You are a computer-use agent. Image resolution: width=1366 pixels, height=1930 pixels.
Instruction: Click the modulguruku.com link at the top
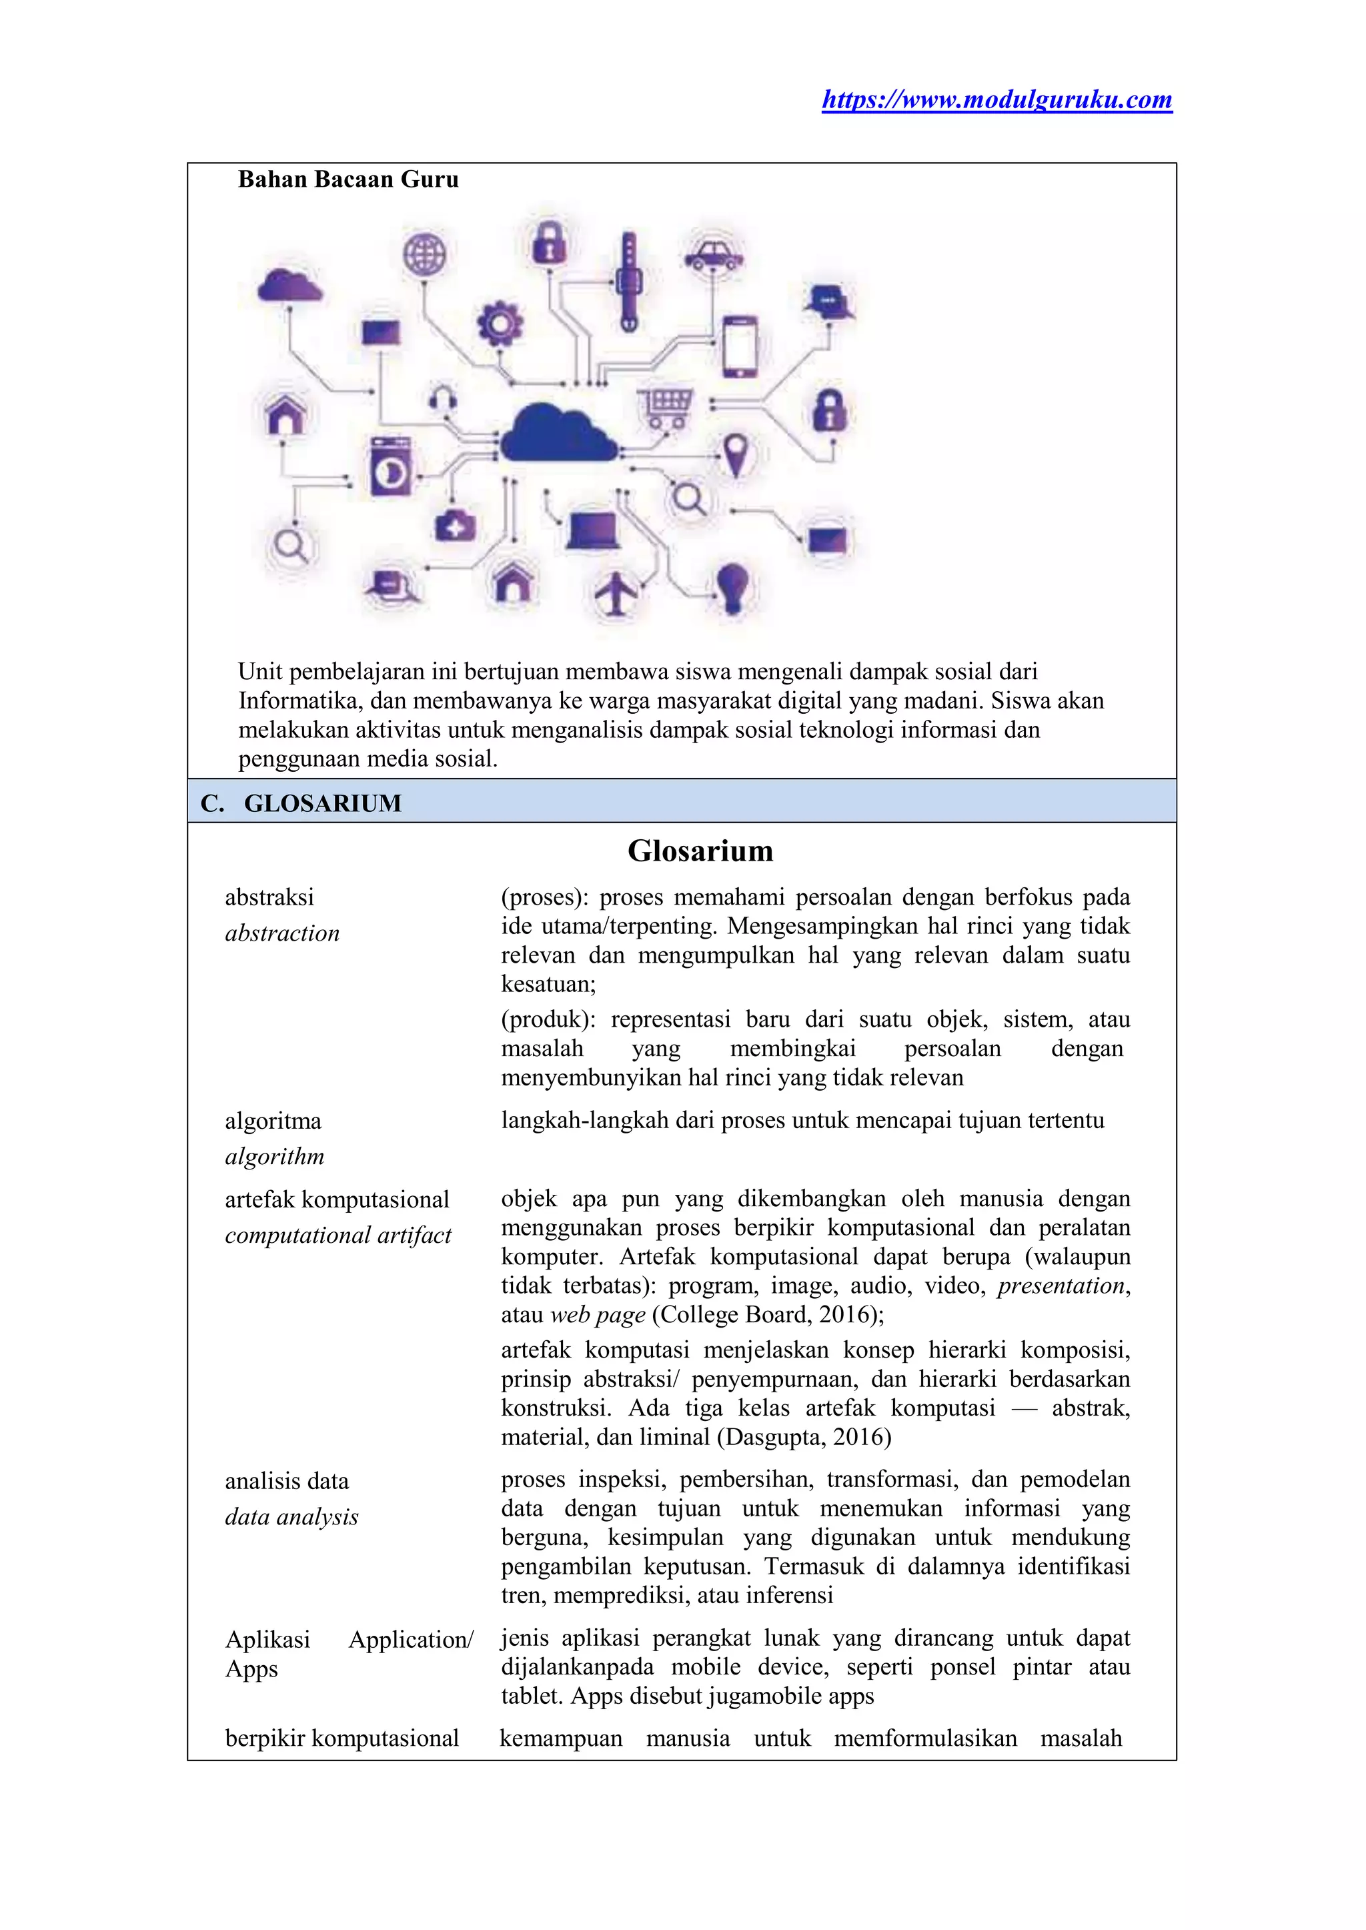tap(996, 100)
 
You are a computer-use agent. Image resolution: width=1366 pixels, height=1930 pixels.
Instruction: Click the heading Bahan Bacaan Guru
tap(348, 179)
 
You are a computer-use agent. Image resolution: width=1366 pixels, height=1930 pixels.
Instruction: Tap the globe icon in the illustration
tap(425, 254)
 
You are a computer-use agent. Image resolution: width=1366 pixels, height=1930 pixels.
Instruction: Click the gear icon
tap(500, 323)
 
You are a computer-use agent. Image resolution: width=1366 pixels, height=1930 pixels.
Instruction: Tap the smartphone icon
tap(740, 346)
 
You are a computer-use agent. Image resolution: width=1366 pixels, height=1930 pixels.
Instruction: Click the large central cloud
tap(558, 433)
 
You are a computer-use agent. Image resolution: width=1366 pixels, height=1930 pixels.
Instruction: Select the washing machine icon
tap(390, 466)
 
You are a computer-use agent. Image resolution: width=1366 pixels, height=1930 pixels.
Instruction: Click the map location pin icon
tap(736, 455)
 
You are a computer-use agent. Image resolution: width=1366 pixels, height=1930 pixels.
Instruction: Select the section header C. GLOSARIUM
tap(301, 803)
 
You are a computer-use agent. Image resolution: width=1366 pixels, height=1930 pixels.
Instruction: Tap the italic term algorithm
tap(275, 1157)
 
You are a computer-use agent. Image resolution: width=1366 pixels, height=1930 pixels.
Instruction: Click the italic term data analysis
tap(292, 1517)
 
